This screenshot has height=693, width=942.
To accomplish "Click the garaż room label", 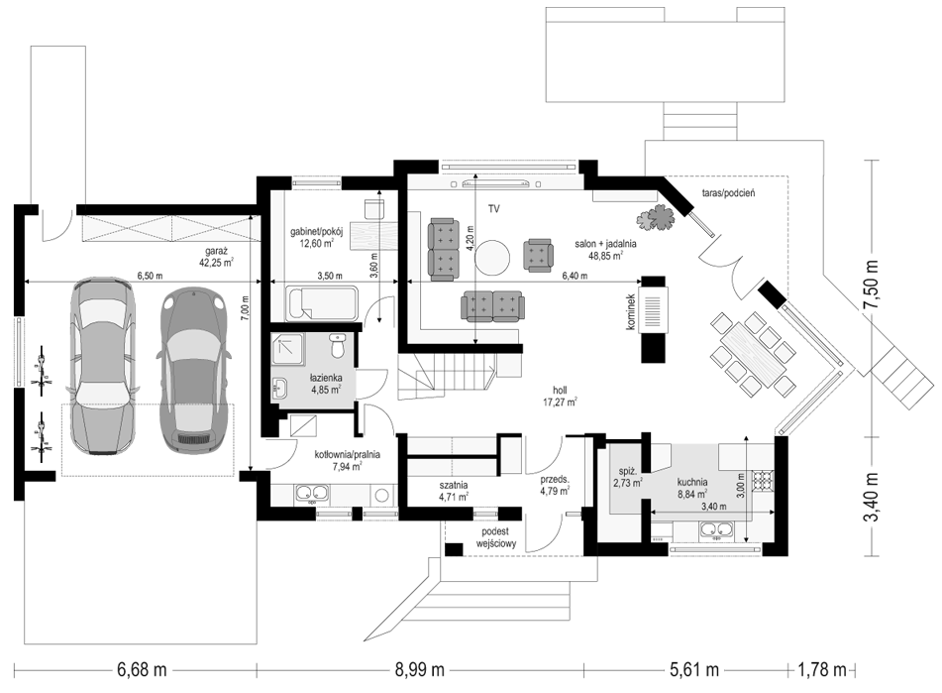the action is [x=216, y=252].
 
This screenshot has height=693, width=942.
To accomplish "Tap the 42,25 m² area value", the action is [x=216, y=262].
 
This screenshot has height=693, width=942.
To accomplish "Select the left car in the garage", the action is [x=101, y=365].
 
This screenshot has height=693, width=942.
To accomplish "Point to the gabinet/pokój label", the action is [x=317, y=233].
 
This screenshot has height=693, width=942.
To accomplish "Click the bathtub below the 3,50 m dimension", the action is [x=322, y=303].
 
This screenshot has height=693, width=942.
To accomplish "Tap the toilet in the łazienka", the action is [x=338, y=346].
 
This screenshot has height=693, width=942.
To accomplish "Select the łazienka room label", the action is [x=326, y=378].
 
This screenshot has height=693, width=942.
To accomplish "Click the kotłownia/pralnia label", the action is [x=348, y=455].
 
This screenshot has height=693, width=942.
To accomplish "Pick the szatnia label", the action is [x=454, y=485].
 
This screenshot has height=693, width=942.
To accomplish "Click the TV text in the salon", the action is [x=494, y=209].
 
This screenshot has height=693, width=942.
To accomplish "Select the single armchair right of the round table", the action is [x=538, y=255].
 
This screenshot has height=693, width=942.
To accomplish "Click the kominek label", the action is [x=630, y=311].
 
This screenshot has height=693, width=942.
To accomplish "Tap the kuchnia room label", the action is [x=692, y=482].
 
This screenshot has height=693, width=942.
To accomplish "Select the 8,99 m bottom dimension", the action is [x=420, y=669].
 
